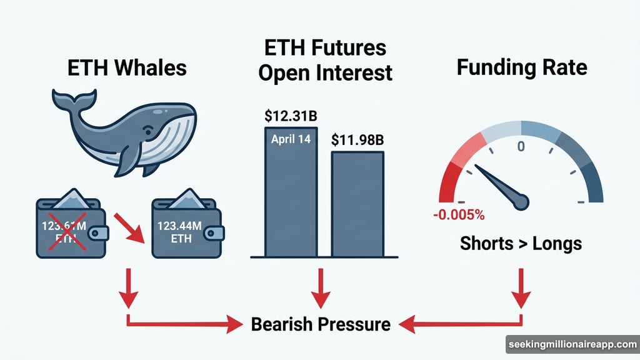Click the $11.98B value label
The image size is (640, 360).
pos(357,140)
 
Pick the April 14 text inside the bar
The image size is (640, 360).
pos(291,139)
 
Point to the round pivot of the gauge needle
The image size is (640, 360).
pos(519,201)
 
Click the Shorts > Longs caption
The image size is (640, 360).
pos(521,243)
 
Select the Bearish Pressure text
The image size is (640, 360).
pos(321,324)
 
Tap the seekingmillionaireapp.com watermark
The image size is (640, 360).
pos(571,344)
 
